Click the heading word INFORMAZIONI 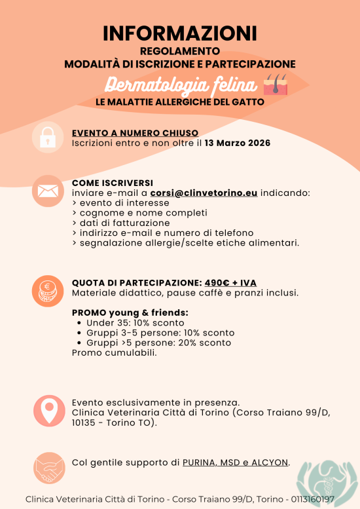click(x=179, y=33)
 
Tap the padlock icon click(x=47, y=138)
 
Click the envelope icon click(x=47, y=191)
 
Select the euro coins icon click(x=47, y=291)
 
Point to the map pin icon click(x=49, y=411)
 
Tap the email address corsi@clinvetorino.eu click(x=204, y=193)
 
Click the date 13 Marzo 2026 click(x=238, y=143)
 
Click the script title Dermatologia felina click(x=179, y=86)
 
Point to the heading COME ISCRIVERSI click(x=112, y=183)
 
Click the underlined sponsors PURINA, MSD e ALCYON click(x=236, y=462)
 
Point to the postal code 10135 click(x=84, y=423)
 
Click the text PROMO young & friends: click(x=130, y=312)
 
